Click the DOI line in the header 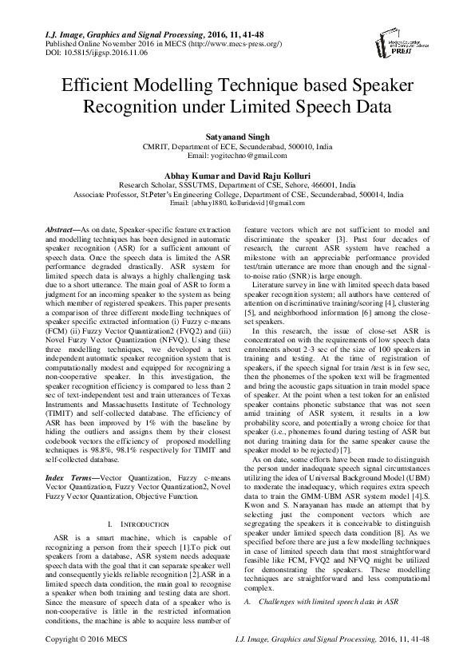[74, 53]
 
